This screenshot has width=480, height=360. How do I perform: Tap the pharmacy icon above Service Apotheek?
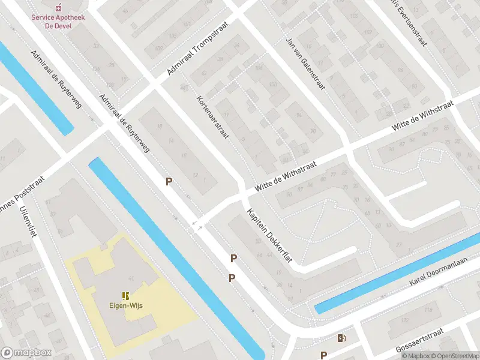coord(58,8)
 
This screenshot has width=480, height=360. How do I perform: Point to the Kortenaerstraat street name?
coord(213,117)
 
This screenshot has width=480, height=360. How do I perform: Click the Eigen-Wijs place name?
coord(126,305)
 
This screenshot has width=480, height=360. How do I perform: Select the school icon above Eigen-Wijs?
coord(126,295)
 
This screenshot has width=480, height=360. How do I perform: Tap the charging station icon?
coord(341,338)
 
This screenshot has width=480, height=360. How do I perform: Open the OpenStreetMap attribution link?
coord(454,356)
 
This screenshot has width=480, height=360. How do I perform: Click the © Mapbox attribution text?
coord(416,356)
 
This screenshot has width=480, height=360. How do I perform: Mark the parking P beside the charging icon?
coord(323,355)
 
